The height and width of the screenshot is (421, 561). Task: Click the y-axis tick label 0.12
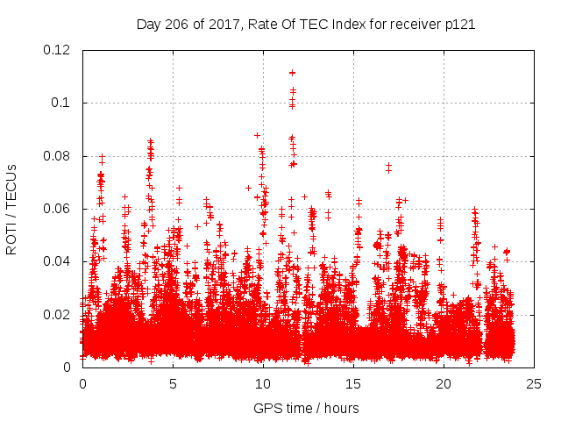tap(59, 50)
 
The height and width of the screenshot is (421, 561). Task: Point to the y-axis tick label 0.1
tap(64, 103)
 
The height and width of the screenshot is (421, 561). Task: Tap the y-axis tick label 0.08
tap(59, 156)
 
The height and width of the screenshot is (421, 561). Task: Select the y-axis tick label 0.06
tap(59, 209)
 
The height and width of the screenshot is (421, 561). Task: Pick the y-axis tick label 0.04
tap(59, 261)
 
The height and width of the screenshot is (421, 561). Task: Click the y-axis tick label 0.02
tap(59, 314)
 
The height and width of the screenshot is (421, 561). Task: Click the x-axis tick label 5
tap(173, 384)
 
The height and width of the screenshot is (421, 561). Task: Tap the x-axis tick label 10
tap(263, 384)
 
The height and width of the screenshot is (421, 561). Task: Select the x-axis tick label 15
tap(353, 384)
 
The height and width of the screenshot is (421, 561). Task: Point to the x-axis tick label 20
tap(444, 384)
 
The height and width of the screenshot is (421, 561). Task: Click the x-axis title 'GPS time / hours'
tap(308, 408)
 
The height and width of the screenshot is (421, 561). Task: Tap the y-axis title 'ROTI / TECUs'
tap(12, 209)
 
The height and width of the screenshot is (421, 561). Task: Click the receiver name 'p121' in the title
tap(459, 24)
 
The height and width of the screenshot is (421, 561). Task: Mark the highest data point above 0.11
tap(292, 72)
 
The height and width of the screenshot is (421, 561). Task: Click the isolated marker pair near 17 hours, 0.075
tap(388, 166)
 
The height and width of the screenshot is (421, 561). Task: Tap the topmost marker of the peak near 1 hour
tap(103, 157)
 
